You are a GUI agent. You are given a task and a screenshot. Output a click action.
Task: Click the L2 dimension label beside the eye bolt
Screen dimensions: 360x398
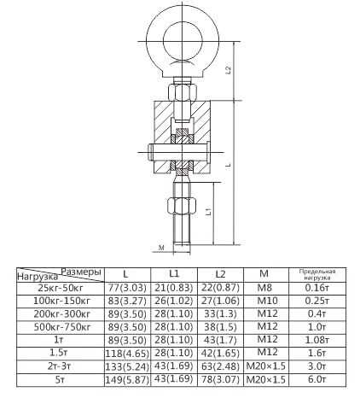point(229,70)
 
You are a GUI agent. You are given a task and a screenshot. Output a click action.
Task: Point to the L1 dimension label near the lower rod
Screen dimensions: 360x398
point(208,211)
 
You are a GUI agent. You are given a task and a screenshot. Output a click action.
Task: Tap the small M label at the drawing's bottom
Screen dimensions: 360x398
point(161,248)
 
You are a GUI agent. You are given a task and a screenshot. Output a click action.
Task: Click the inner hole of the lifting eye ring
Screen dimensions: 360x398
point(183,40)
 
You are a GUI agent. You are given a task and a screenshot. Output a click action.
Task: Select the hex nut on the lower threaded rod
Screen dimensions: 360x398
point(182,206)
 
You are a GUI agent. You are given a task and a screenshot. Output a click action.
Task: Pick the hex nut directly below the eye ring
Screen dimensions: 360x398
point(183,91)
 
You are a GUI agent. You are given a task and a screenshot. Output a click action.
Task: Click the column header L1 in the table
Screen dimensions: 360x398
point(174,273)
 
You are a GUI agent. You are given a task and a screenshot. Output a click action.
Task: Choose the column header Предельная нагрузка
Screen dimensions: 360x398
point(317,274)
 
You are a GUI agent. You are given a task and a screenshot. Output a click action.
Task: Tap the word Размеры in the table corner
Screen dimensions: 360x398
point(82,272)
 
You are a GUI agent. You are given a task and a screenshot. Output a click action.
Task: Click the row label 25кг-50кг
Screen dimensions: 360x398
point(61,288)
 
